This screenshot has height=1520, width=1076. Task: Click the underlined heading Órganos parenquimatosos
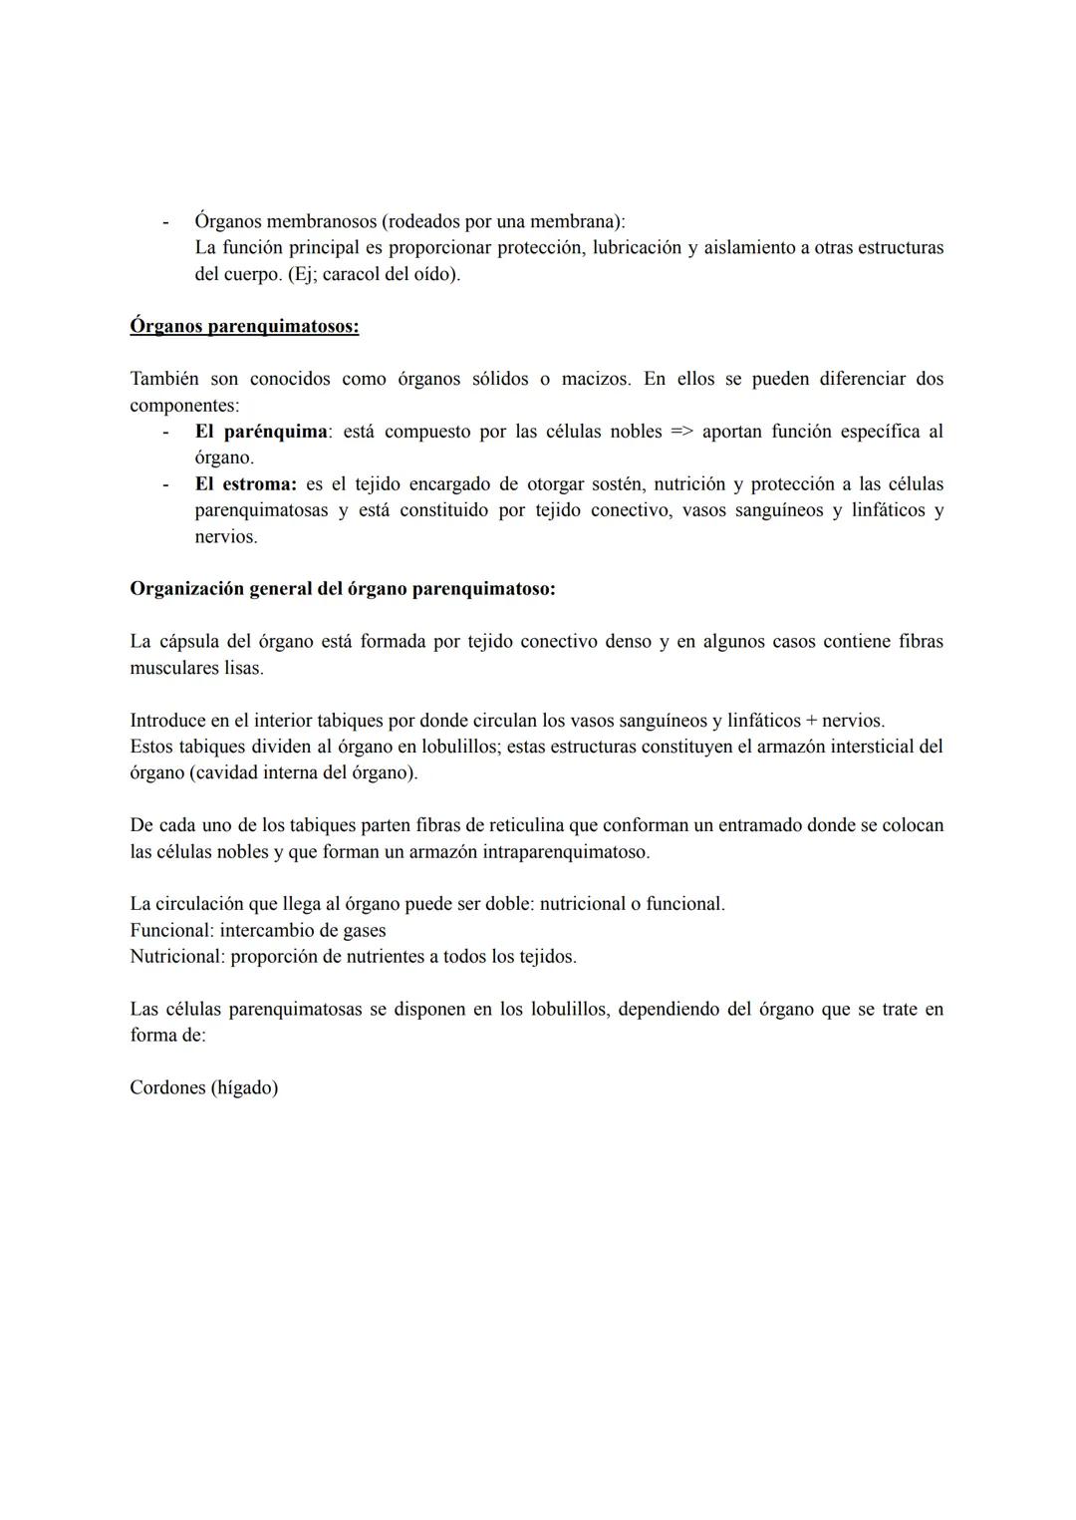pos(244,326)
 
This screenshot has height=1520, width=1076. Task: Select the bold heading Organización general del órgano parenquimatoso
pos(343,588)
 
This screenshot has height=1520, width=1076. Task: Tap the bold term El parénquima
pos(261,432)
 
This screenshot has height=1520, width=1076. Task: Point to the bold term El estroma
pos(245,484)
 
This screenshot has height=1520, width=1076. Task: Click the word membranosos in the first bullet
pos(320,221)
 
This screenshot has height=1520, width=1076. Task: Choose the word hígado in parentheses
pos(244,1087)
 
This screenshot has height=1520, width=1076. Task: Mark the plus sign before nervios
pos(810,721)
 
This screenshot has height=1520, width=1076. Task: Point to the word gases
pos(361,930)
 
